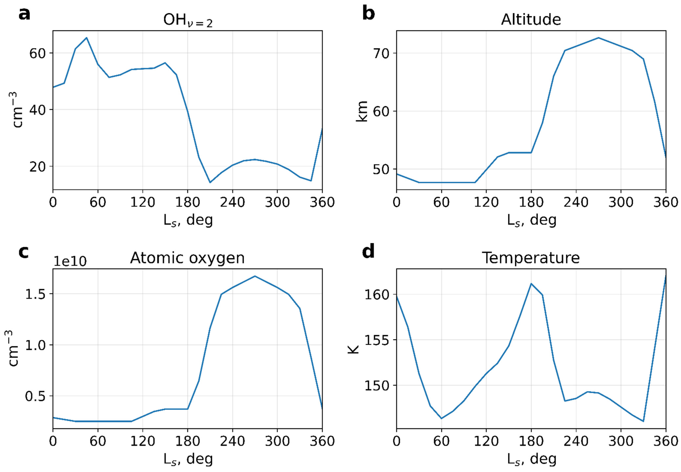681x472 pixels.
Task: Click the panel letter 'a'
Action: coord(24,14)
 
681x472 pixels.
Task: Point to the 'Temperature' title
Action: coord(531,258)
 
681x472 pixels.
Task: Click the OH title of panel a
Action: coord(188,21)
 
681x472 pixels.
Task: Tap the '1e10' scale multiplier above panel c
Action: coord(70,261)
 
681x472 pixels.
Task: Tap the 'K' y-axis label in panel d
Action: coord(353,349)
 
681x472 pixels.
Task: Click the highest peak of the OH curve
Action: coord(86,38)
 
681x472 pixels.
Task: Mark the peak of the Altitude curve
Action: coord(598,38)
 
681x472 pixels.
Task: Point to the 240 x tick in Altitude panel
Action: coord(576,203)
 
